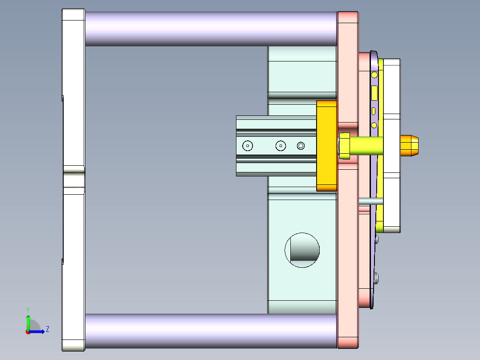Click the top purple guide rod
pyautogui.click(x=209, y=29)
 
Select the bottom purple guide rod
pyautogui.click(x=209, y=331)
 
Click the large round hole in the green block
pyautogui.click(x=302, y=250)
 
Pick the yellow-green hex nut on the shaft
pyautogui.click(x=344, y=146)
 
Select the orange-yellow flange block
pyautogui.click(x=326, y=146)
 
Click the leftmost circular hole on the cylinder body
pyautogui.click(x=247, y=146)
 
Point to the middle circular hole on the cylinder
pyautogui.click(x=280, y=146)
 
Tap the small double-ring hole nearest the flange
pyautogui.click(x=301, y=146)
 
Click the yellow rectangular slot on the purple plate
pyautogui.click(x=374, y=93)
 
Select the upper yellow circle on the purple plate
pyautogui.click(x=374, y=74)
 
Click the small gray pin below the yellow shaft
pyautogui.click(x=370, y=201)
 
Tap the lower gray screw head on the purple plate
pyautogui.click(x=377, y=278)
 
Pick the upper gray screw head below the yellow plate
pyautogui.click(x=377, y=240)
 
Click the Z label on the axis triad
pyautogui.click(x=47, y=329)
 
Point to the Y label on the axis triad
pyautogui.click(x=28, y=309)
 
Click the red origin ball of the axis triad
pyautogui.click(x=28, y=331)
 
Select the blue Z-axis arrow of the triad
pyautogui.click(x=39, y=331)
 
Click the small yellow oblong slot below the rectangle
pyautogui.click(x=374, y=111)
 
